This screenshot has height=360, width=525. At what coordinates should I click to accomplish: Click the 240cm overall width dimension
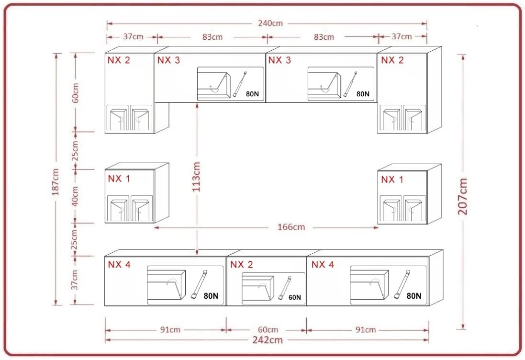tap(270, 23)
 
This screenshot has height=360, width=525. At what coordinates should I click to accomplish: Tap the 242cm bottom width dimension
tap(268, 340)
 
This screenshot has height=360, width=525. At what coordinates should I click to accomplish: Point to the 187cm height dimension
tap(55, 182)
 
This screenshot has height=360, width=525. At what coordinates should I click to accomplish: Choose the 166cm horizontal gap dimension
tap(291, 227)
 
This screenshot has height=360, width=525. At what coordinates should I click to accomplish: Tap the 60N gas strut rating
tap(295, 297)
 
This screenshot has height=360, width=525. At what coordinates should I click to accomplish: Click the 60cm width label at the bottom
tap(268, 330)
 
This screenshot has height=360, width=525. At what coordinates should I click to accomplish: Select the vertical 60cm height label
tap(75, 93)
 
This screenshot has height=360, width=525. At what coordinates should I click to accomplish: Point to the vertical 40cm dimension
tap(75, 196)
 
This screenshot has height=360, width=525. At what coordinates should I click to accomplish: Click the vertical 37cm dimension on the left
tap(75, 280)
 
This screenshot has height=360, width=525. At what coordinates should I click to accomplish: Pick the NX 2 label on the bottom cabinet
tap(241, 265)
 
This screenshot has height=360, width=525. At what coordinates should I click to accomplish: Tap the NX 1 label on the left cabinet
tap(119, 179)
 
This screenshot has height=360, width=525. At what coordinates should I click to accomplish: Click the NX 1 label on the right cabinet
tap(392, 180)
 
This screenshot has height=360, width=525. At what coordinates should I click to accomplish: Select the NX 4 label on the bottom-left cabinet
tap(119, 265)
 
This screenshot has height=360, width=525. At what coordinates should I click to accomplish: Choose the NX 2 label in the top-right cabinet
tap(392, 60)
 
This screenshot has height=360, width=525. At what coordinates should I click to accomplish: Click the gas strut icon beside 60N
tap(285, 288)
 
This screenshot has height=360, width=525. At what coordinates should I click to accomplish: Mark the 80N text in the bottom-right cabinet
tap(414, 296)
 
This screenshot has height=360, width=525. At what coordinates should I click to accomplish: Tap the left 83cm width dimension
tap(212, 37)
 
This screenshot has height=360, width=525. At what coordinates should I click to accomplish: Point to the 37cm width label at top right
tap(402, 36)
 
